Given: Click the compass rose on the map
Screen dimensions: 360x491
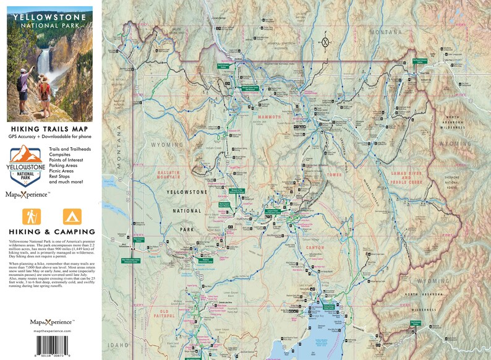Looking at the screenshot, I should (324, 43).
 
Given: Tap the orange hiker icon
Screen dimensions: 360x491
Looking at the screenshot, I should (31, 216).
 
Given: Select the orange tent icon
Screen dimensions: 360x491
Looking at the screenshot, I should (72, 216).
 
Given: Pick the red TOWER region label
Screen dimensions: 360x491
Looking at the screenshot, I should (334, 175).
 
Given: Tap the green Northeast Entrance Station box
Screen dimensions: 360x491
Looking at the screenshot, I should (421, 61).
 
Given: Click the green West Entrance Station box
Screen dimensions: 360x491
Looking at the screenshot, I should (139, 238).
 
